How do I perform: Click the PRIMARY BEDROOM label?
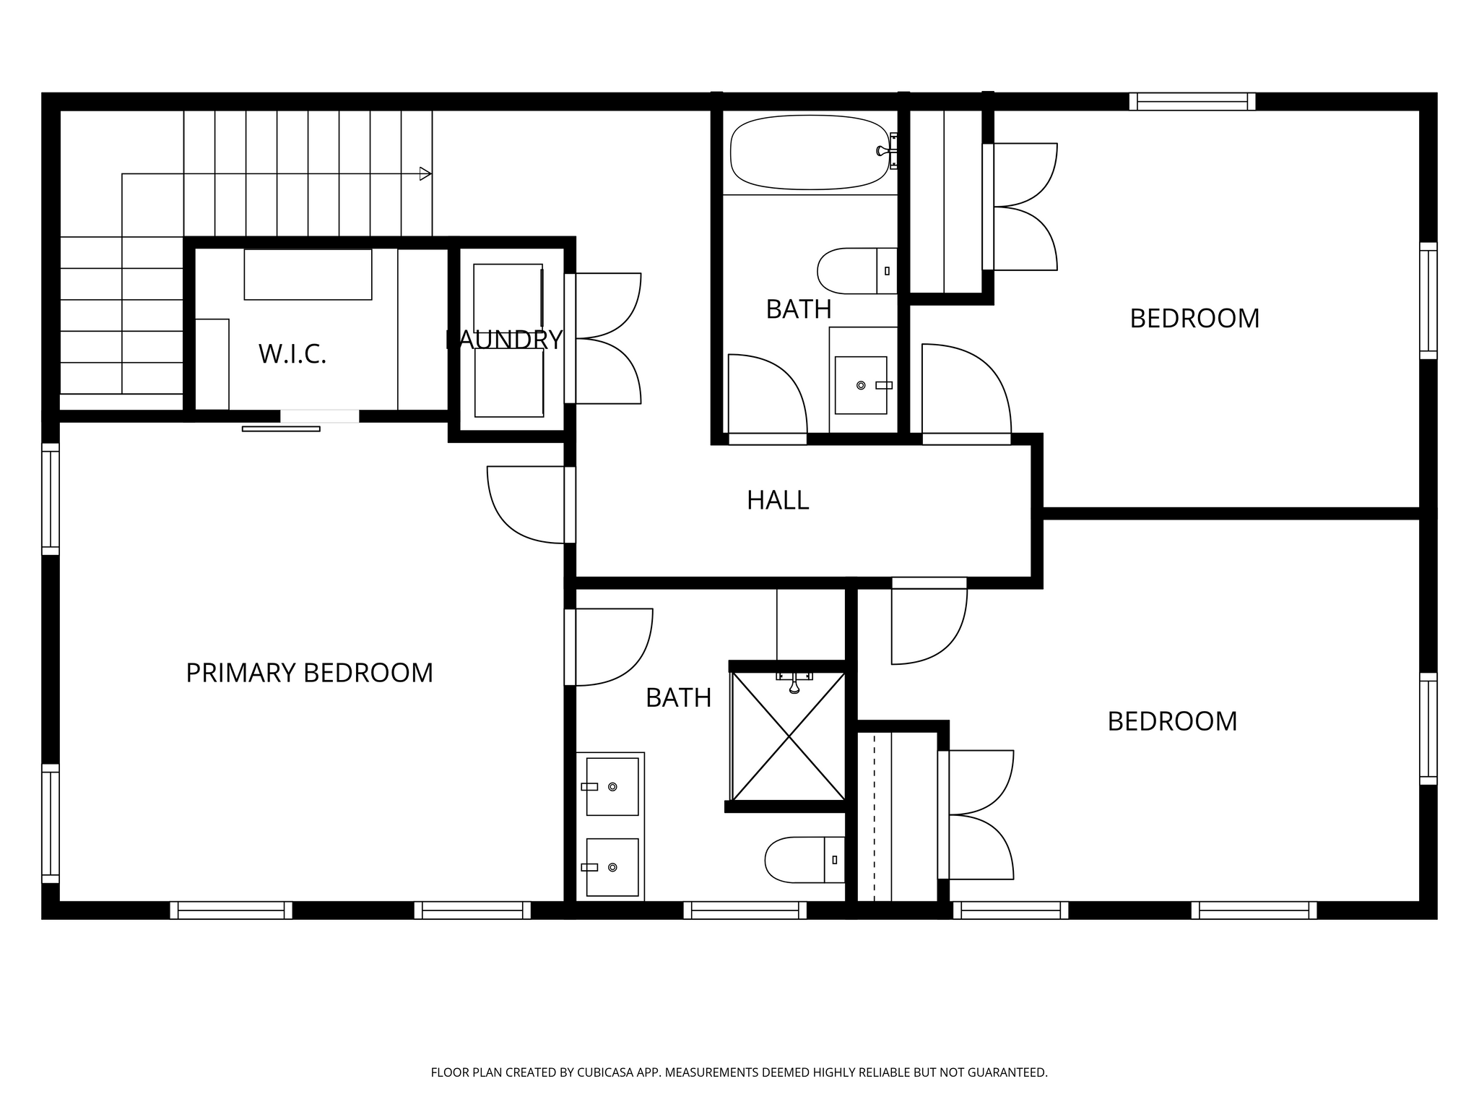tap(309, 673)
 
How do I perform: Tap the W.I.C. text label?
tap(292, 354)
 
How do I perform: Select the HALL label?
tap(778, 500)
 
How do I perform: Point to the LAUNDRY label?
tap(504, 340)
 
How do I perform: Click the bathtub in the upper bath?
tap(810, 152)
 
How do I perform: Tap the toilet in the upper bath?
tap(857, 271)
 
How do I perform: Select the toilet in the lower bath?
tap(804, 860)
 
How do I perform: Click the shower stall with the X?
tap(789, 736)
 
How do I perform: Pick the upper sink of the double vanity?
tap(612, 786)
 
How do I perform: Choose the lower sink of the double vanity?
tap(612, 867)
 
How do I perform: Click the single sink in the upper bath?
tap(861, 385)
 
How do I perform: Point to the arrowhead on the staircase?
tap(426, 173)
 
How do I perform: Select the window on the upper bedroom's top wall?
tap(1192, 101)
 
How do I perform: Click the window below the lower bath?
tap(745, 910)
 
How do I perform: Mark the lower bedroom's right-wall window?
tap(1428, 728)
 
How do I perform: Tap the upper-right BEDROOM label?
tap(1194, 319)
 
